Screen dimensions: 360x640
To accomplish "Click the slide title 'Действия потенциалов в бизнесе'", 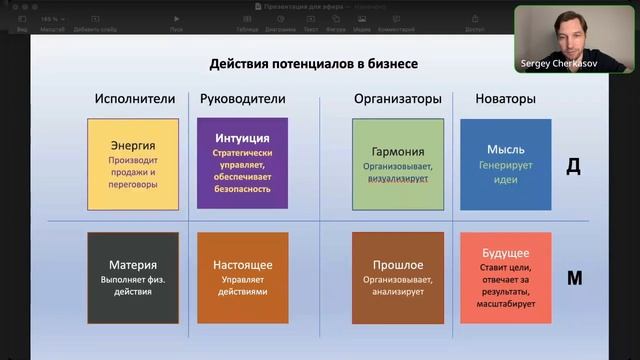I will click(313, 64).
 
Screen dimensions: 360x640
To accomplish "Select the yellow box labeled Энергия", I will click(133, 163).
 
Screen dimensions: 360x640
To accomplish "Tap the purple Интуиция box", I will click(242, 163).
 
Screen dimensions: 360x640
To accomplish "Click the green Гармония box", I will click(398, 163).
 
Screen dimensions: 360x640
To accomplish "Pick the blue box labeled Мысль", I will click(505, 163).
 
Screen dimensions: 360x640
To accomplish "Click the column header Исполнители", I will click(135, 99).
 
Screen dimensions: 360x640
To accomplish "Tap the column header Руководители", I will click(243, 99).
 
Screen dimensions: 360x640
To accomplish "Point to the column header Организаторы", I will click(398, 99).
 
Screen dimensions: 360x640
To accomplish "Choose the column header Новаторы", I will click(505, 99).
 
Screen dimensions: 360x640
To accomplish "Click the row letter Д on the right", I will click(573, 166).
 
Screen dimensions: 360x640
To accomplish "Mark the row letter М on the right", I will click(574, 278).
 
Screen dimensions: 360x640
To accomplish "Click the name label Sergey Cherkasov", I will click(557, 64).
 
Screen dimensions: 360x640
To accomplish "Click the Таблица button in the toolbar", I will click(247, 25).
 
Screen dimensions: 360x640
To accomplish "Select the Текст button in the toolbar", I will click(311, 25).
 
